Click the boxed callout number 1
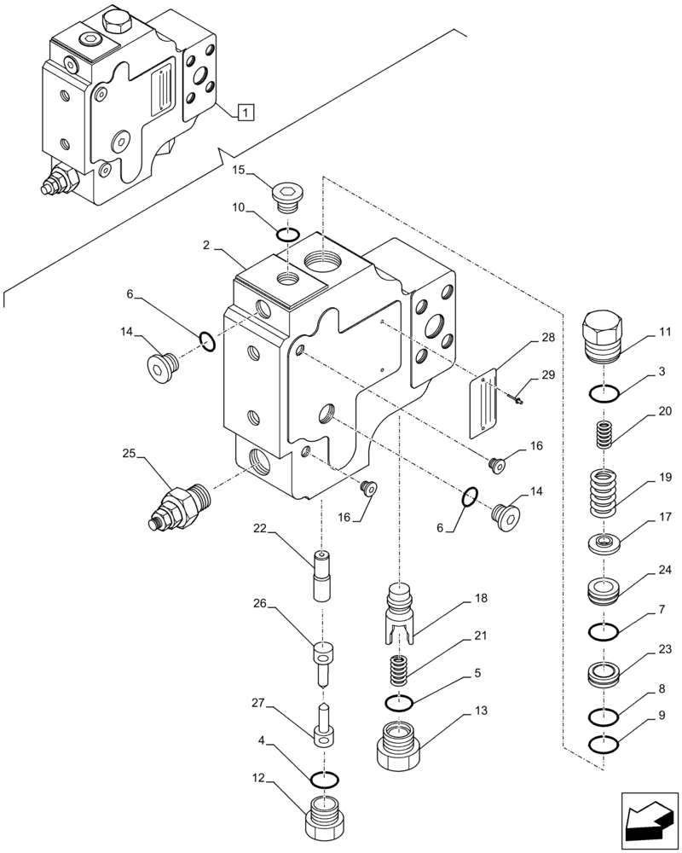point(245,111)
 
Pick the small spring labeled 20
point(604,435)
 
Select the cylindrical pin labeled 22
point(322,577)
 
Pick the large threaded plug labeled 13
point(399,744)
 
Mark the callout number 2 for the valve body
point(206,245)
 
